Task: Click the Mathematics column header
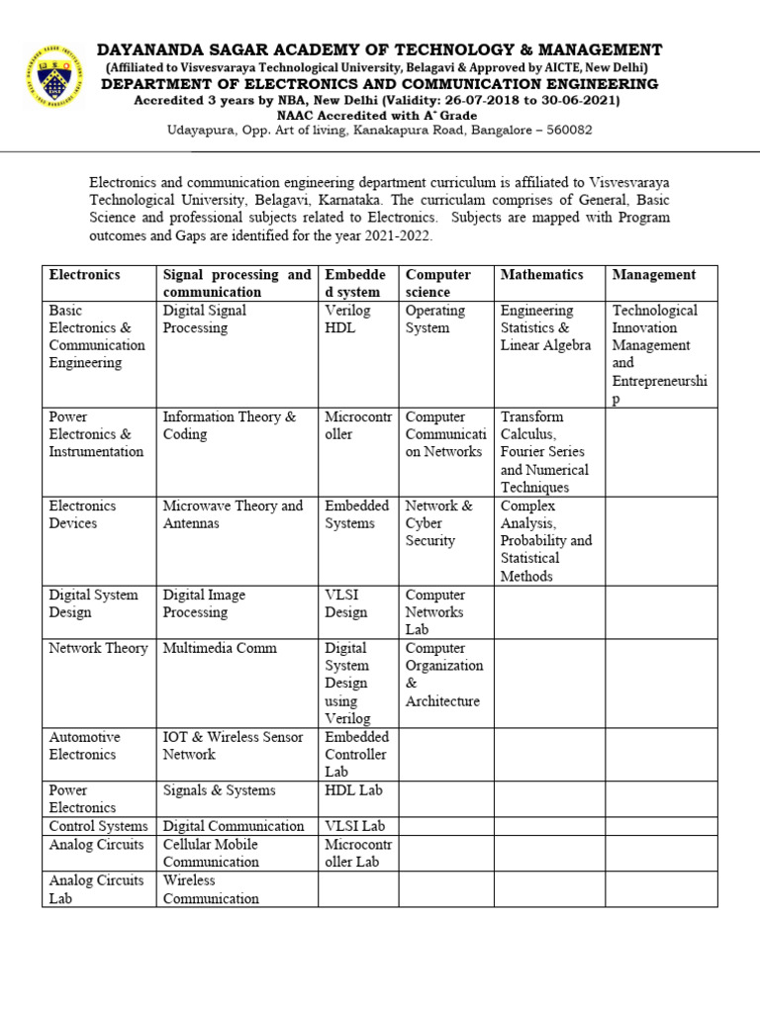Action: tap(541, 275)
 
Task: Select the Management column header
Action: tap(653, 275)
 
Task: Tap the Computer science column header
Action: tap(437, 283)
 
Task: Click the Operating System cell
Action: tap(434, 319)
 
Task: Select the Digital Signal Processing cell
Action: tap(205, 319)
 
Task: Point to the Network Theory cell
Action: tap(98, 649)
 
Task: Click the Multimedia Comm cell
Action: tap(220, 649)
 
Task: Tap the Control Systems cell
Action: tap(98, 826)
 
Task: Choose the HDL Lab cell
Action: tap(353, 790)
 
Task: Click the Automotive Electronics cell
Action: tap(85, 746)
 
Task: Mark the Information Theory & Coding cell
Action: tap(229, 425)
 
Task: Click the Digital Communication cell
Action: tap(234, 826)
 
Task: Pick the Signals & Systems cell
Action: tap(219, 790)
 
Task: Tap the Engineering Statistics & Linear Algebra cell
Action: tap(545, 327)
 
